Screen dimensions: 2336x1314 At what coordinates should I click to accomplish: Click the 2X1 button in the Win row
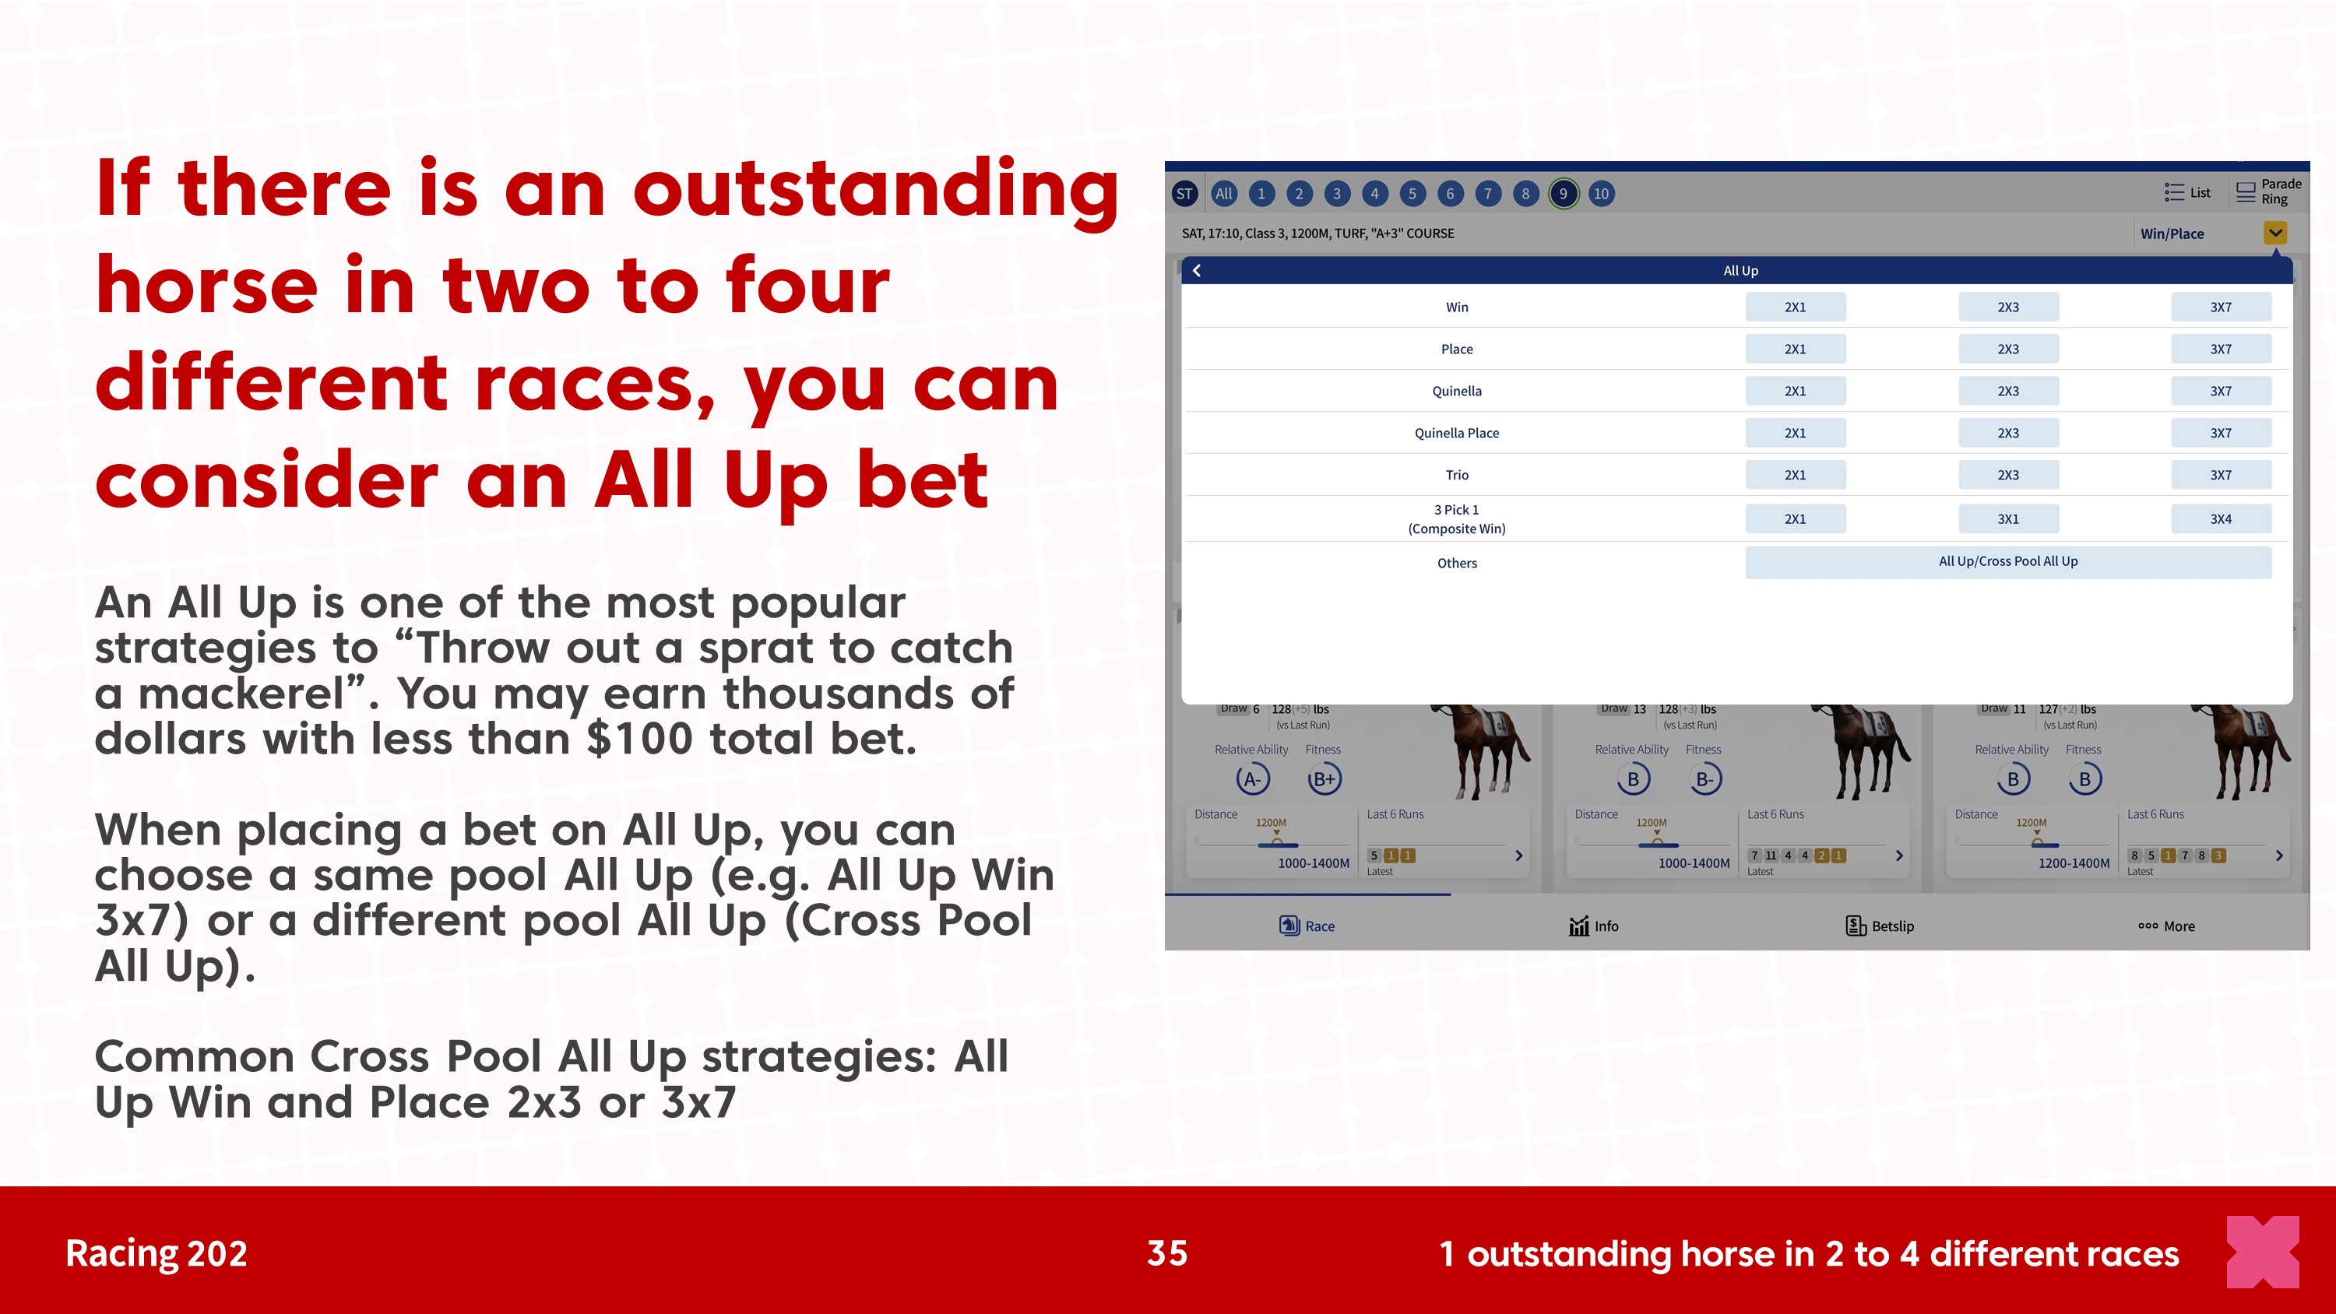(x=1795, y=307)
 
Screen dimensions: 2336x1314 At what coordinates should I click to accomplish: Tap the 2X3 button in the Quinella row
(x=2007, y=391)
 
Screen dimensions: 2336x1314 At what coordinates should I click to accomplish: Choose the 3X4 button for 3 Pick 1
(x=2221, y=518)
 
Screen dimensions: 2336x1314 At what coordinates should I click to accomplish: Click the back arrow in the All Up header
(x=1197, y=270)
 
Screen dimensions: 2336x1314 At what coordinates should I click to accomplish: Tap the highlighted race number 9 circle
(x=1564, y=193)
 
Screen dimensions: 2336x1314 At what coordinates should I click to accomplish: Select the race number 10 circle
(x=1602, y=193)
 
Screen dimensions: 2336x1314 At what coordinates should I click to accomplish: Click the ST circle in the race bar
(x=1184, y=193)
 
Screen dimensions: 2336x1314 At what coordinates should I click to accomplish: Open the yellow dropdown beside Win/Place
(x=2275, y=233)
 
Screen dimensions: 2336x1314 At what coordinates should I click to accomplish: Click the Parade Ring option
(x=2269, y=191)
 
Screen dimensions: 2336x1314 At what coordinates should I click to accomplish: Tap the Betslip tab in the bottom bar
(x=1880, y=926)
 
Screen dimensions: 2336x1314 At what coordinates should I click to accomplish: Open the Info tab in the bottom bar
(x=1593, y=926)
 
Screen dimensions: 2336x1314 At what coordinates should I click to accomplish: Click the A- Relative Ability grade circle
(x=1252, y=779)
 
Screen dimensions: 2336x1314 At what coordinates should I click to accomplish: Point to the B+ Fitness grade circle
(x=1324, y=779)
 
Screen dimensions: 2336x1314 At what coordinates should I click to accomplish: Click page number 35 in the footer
(x=1167, y=1253)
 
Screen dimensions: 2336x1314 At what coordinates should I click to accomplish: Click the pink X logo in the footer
(x=2264, y=1253)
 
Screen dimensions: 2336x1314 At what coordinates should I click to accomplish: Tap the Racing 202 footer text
(x=156, y=1253)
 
